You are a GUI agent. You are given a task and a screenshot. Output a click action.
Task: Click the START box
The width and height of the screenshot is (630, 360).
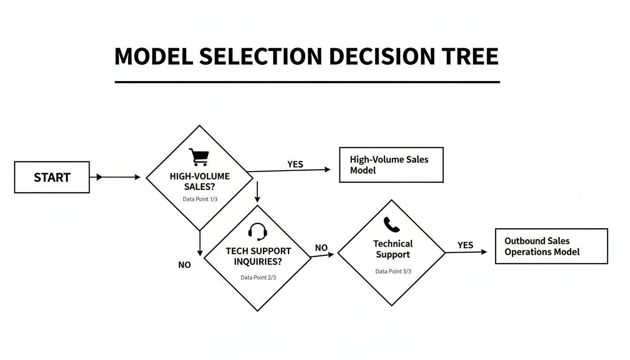(x=52, y=177)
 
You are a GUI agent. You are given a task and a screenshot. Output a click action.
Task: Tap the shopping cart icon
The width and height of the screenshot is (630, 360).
(x=198, y=157)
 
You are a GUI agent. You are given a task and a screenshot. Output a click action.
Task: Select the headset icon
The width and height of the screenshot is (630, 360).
(x=257, y=232)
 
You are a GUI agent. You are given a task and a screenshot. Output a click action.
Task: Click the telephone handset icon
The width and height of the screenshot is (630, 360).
(x=391, y=225)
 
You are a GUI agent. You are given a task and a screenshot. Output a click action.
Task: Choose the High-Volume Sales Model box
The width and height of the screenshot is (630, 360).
(x=391, y=165)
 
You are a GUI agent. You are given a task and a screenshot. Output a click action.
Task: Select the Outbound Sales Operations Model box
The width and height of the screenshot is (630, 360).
(x=551, y=246)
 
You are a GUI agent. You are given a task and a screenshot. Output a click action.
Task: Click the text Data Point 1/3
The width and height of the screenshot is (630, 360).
(x=200, y=199)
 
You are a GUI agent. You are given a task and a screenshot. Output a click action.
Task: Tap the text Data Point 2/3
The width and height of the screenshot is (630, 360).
(x=258, y=277)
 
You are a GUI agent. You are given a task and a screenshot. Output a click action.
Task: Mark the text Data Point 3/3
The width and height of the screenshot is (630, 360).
(x=393, y=271)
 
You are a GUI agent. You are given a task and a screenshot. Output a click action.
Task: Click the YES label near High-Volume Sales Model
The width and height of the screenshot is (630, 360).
(x=295, y=165)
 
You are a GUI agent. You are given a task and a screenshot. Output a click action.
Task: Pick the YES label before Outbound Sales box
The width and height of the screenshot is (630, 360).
(x=465, y=245)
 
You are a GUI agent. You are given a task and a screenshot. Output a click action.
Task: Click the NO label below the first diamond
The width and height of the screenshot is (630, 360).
(x=185, y=265)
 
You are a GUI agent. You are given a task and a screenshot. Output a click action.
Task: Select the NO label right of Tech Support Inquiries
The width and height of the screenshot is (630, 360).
(x=321, y=248)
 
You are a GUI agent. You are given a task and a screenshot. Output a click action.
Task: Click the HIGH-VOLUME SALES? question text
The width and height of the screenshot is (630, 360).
(x=200, y=181)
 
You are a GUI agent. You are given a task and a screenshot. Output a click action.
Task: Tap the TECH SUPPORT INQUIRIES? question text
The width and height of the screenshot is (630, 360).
(x=258, y=256)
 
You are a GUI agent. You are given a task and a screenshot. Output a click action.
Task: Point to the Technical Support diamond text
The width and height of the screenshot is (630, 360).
(x=393, y=249)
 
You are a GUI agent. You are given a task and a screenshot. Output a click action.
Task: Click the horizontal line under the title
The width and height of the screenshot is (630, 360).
(x=307, y=82)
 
